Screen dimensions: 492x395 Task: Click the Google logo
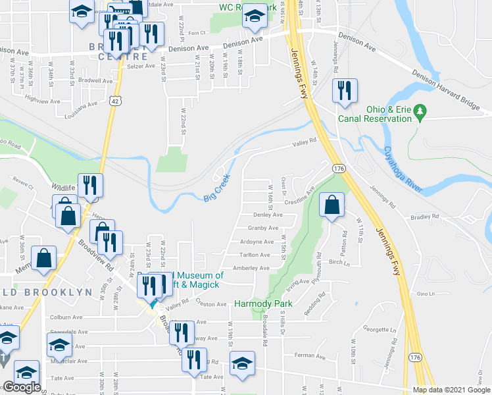[21, 388]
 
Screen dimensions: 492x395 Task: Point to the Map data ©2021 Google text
[451, 390]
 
